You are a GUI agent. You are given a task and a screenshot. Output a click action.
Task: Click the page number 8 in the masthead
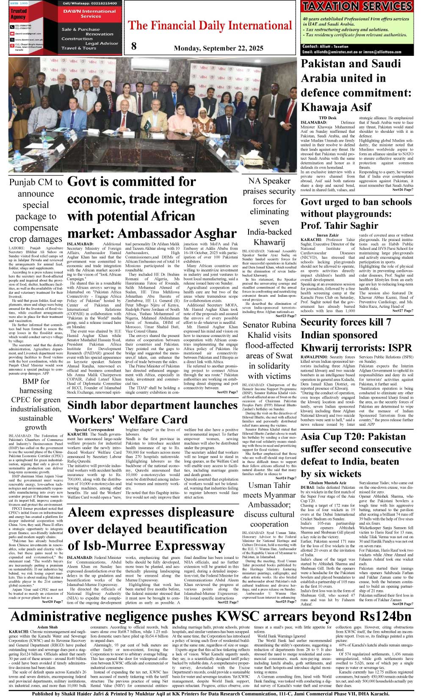coord(134,47)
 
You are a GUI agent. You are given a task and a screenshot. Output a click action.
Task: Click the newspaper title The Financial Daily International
coord(210,26)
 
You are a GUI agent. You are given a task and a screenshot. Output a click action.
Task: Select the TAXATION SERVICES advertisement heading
coord(357,6)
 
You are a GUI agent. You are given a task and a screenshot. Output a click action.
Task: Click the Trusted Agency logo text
coord(19,14)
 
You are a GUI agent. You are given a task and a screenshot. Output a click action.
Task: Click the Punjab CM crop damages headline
coord(36,211)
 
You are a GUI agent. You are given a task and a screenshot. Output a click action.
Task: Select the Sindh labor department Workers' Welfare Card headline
coord(152,412)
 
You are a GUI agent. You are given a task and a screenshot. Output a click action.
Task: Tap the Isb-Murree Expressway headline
coord(151,528)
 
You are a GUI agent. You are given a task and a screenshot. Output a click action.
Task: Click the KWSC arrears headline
coord(211,616)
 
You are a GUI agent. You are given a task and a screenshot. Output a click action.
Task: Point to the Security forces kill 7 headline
coord(356,335)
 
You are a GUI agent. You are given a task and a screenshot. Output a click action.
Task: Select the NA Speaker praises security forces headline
coord(269,211)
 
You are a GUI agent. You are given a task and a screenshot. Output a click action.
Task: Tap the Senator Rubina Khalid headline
coord(269,350)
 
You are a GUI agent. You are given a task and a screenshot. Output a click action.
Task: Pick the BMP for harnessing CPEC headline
coord(36,404)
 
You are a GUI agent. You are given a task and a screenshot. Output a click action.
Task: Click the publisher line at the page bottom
coord(211,694)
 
